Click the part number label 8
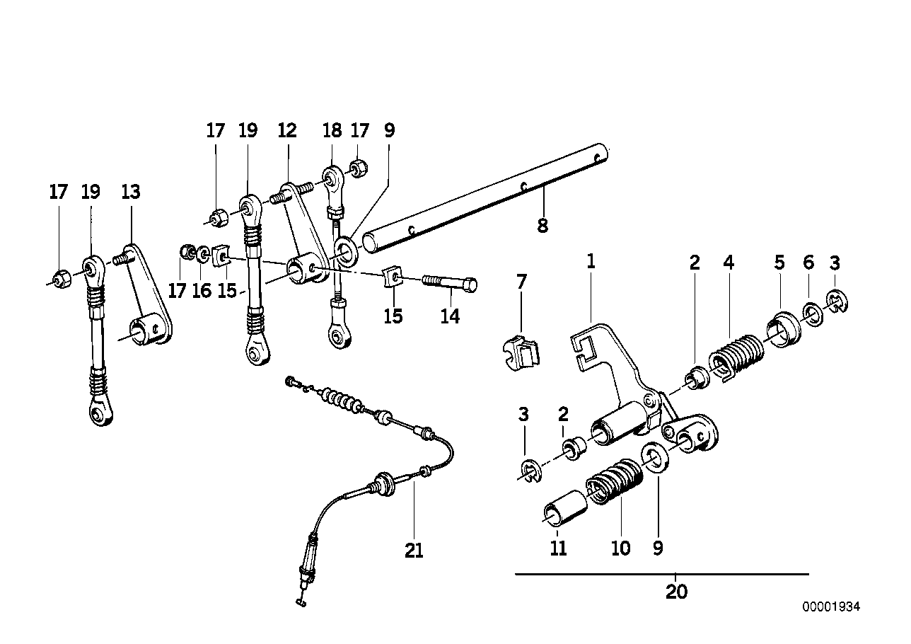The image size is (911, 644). point(542,226)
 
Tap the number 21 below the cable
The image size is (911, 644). point(414,550)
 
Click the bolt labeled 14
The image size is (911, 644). point(450,284)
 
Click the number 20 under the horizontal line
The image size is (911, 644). point(676,592)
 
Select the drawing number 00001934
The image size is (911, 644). point(831,607)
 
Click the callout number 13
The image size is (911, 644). point(131,192)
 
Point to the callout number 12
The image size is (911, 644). point(286,131)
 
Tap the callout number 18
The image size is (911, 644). point(332,131)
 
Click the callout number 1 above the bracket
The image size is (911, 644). point(591,262)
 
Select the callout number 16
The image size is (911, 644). point(202,290)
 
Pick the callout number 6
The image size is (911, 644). point(808,263)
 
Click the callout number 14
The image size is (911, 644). point(450,316)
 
